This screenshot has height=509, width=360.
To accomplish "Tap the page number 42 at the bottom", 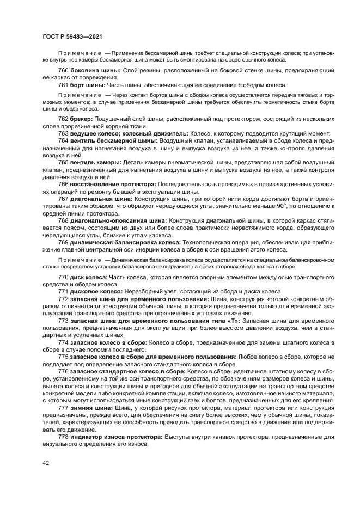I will pos(45,463).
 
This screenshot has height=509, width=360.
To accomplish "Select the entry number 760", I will pos(63,72).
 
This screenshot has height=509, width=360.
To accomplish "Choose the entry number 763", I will pos(63,133).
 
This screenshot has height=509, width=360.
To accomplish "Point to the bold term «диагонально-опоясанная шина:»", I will pos(119,220).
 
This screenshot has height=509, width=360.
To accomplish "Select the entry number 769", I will pos(63,242).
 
